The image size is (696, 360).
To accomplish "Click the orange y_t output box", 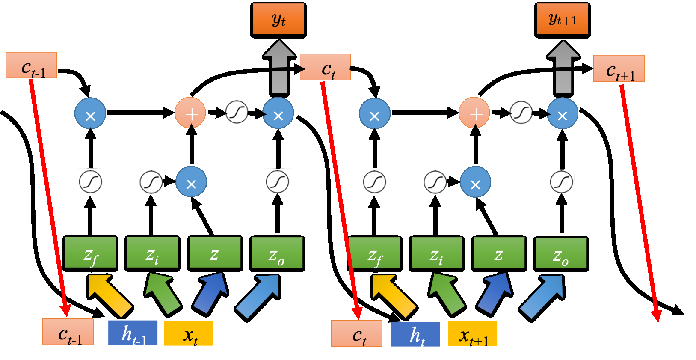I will pyautogui.click(x=278, y=20).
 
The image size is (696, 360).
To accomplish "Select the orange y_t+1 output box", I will pyautogui.click(x=562, y=20).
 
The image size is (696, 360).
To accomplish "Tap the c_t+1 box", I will pyautogui.click(x=619, y=68).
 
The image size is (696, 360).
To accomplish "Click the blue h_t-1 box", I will pyautogui.click(x=133, y=333).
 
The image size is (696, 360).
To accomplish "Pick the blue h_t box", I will pyautogui.click(x=415, y=334).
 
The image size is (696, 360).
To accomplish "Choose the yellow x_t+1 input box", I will pyautogui.click(x=472, y=334).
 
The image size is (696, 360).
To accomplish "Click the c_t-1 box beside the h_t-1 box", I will pyautogui.click(x=68, y=332).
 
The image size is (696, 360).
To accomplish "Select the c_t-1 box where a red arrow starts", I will pyautogui.click(x=31, y=65).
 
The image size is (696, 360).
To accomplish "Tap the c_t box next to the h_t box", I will pyautogui.click(x=357, y=333).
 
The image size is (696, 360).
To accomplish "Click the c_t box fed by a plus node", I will pyautogui.click(x=326, y=67).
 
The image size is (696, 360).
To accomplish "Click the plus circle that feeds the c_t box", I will pyautogui.click(x=190, y=113).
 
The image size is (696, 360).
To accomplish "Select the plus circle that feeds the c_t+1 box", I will pyautogui.click(x=474, y=113).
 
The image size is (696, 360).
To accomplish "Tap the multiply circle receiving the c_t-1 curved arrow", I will pyautogui.click(x=90, y=114).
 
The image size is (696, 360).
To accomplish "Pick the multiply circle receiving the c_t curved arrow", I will pyautogui.click(x=374, y=114).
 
